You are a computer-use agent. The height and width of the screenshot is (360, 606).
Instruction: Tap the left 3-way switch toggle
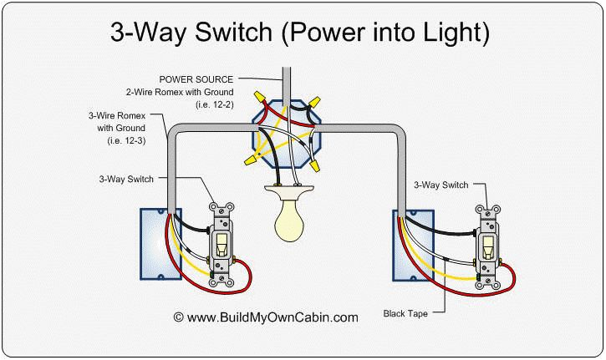click(x=223, y=245)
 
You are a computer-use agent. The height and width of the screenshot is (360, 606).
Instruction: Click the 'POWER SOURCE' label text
click(x=201, y=79)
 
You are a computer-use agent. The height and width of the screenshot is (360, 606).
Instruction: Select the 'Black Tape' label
click(x=405, y=314)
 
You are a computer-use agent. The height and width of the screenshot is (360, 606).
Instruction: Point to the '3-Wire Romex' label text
click(x=115, y=117)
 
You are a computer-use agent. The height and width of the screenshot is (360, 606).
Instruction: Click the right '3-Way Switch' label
click(x=440, y=182)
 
